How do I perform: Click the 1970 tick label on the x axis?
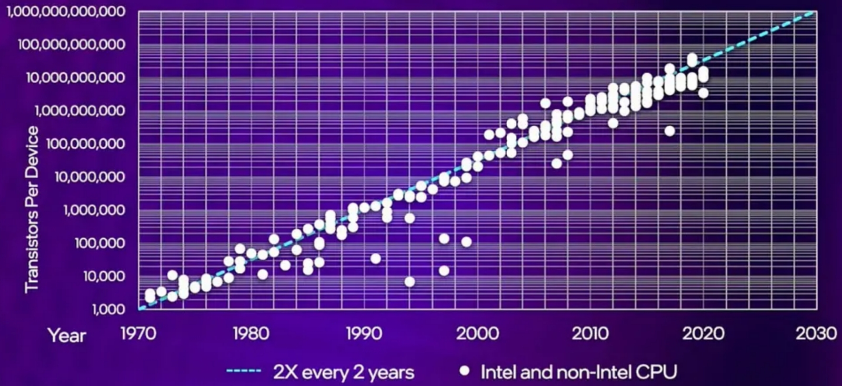tap(138, 333)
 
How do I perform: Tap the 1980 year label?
tap(251, 333)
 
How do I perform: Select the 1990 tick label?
tap(364, 333)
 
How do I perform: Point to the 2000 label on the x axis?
tap(477, 333)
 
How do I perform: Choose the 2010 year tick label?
tap(590, 333)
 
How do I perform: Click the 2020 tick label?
tap(703, 333)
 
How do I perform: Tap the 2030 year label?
tap(816, 333)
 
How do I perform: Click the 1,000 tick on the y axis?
tap(109, 309)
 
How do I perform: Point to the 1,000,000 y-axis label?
tap(95, 210)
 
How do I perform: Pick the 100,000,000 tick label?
tap(86, 144)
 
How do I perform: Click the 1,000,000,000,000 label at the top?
tap(66, 12)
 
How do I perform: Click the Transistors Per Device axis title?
tap(32, 209)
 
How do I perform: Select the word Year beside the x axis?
tap(67, 335)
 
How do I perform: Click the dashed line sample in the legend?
tap(244, 372)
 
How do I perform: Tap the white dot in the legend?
tap(464, 371)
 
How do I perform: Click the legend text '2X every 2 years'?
tap(344, 372)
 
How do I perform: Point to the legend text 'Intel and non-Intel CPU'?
tap(578, 372)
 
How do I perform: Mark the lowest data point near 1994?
tap(409, 282)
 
